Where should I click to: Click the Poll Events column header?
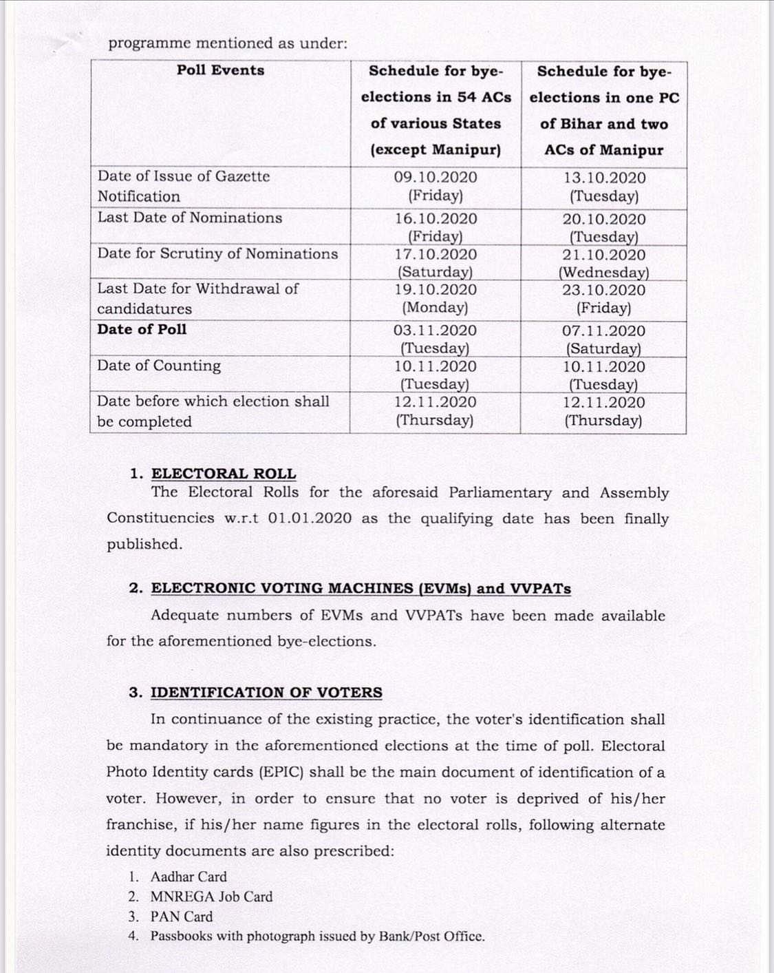220,70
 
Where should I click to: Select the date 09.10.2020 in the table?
436,177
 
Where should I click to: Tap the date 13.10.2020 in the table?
604,178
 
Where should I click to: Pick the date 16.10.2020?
436,219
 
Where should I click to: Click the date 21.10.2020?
604,255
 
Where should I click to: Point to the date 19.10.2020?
436,290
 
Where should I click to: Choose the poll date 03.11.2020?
435,331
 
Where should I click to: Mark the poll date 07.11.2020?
603,331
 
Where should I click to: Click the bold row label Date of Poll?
142,329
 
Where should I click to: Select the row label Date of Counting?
159,366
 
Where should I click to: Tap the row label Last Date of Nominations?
190,218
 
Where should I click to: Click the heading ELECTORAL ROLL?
224,474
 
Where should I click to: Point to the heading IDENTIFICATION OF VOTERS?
266,693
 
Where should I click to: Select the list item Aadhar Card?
189,877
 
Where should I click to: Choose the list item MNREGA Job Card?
211,897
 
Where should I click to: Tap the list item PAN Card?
182,917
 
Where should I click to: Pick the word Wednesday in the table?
603,273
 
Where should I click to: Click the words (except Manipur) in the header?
436,150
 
